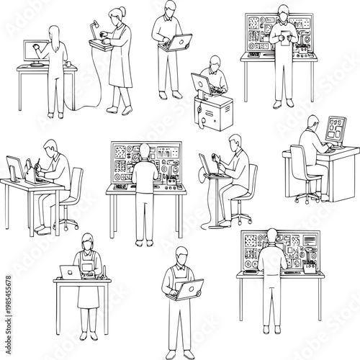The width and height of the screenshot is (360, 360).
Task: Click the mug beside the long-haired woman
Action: pyautogui.click(x=69, y=64)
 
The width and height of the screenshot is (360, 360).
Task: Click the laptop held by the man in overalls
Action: pyautogui.click(x=188, y=289)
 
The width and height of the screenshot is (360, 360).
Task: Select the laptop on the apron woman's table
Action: pyautogui.click(x=69, y=272)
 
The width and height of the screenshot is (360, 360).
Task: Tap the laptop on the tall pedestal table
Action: pyautogui.click(x=212, y=168)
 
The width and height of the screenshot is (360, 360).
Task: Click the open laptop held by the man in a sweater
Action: pyautogui.click(x=178, y=42)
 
